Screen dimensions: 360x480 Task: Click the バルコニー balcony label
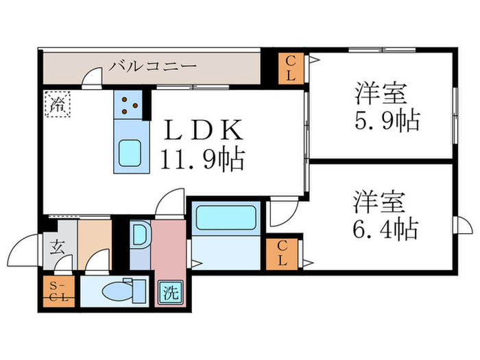coord(153,67)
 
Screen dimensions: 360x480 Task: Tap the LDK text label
coord(202,130)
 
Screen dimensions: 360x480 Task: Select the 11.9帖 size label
coord(202,160)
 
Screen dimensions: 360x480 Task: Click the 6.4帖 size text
coord(385,228)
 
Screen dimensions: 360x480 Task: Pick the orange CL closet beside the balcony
coord(290,69)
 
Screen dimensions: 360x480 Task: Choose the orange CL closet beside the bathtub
coord(283,254)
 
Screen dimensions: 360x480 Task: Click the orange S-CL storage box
coord(54,291)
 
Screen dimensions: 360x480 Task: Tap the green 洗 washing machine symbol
coord(170,293)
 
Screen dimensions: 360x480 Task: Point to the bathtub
coord(225,217)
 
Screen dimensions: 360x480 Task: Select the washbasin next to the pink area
coord(139,237)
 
